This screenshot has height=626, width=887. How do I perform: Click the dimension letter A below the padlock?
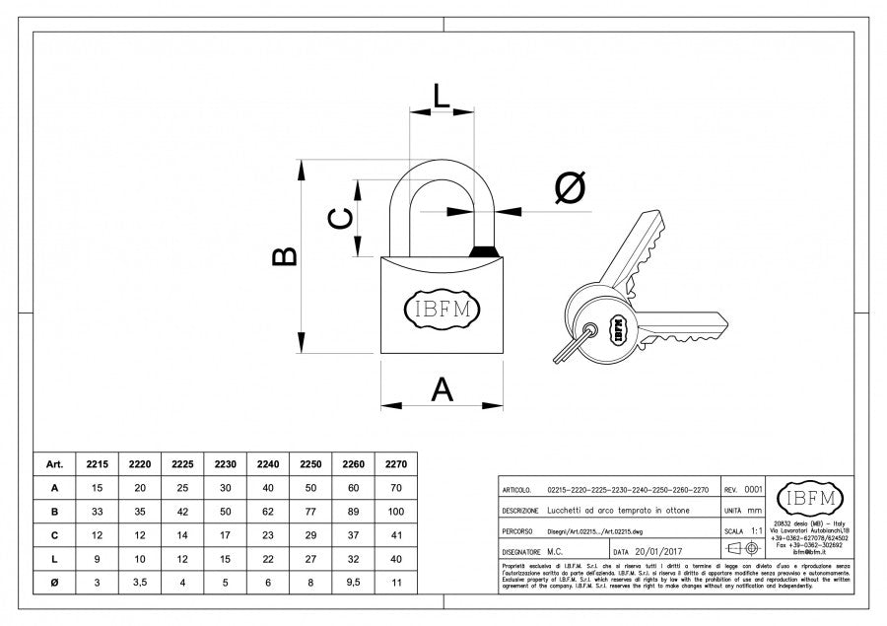pos(443,390)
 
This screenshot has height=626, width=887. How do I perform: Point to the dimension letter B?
pos(284,255)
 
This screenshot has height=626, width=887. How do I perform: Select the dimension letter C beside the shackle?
pos(339,219)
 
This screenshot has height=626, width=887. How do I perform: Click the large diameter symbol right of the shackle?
pos(570,187)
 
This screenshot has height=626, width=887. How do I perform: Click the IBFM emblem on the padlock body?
pos(442,309)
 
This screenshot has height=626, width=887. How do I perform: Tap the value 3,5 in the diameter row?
pos(140,583)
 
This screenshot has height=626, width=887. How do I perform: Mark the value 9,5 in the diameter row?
pos(354,583)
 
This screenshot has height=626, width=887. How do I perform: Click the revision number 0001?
pos(753,489)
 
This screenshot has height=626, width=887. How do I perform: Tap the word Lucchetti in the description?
pos(566,510)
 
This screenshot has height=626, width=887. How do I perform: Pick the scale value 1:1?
pos(756,530)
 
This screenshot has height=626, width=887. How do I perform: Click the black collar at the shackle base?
pos(484,251)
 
